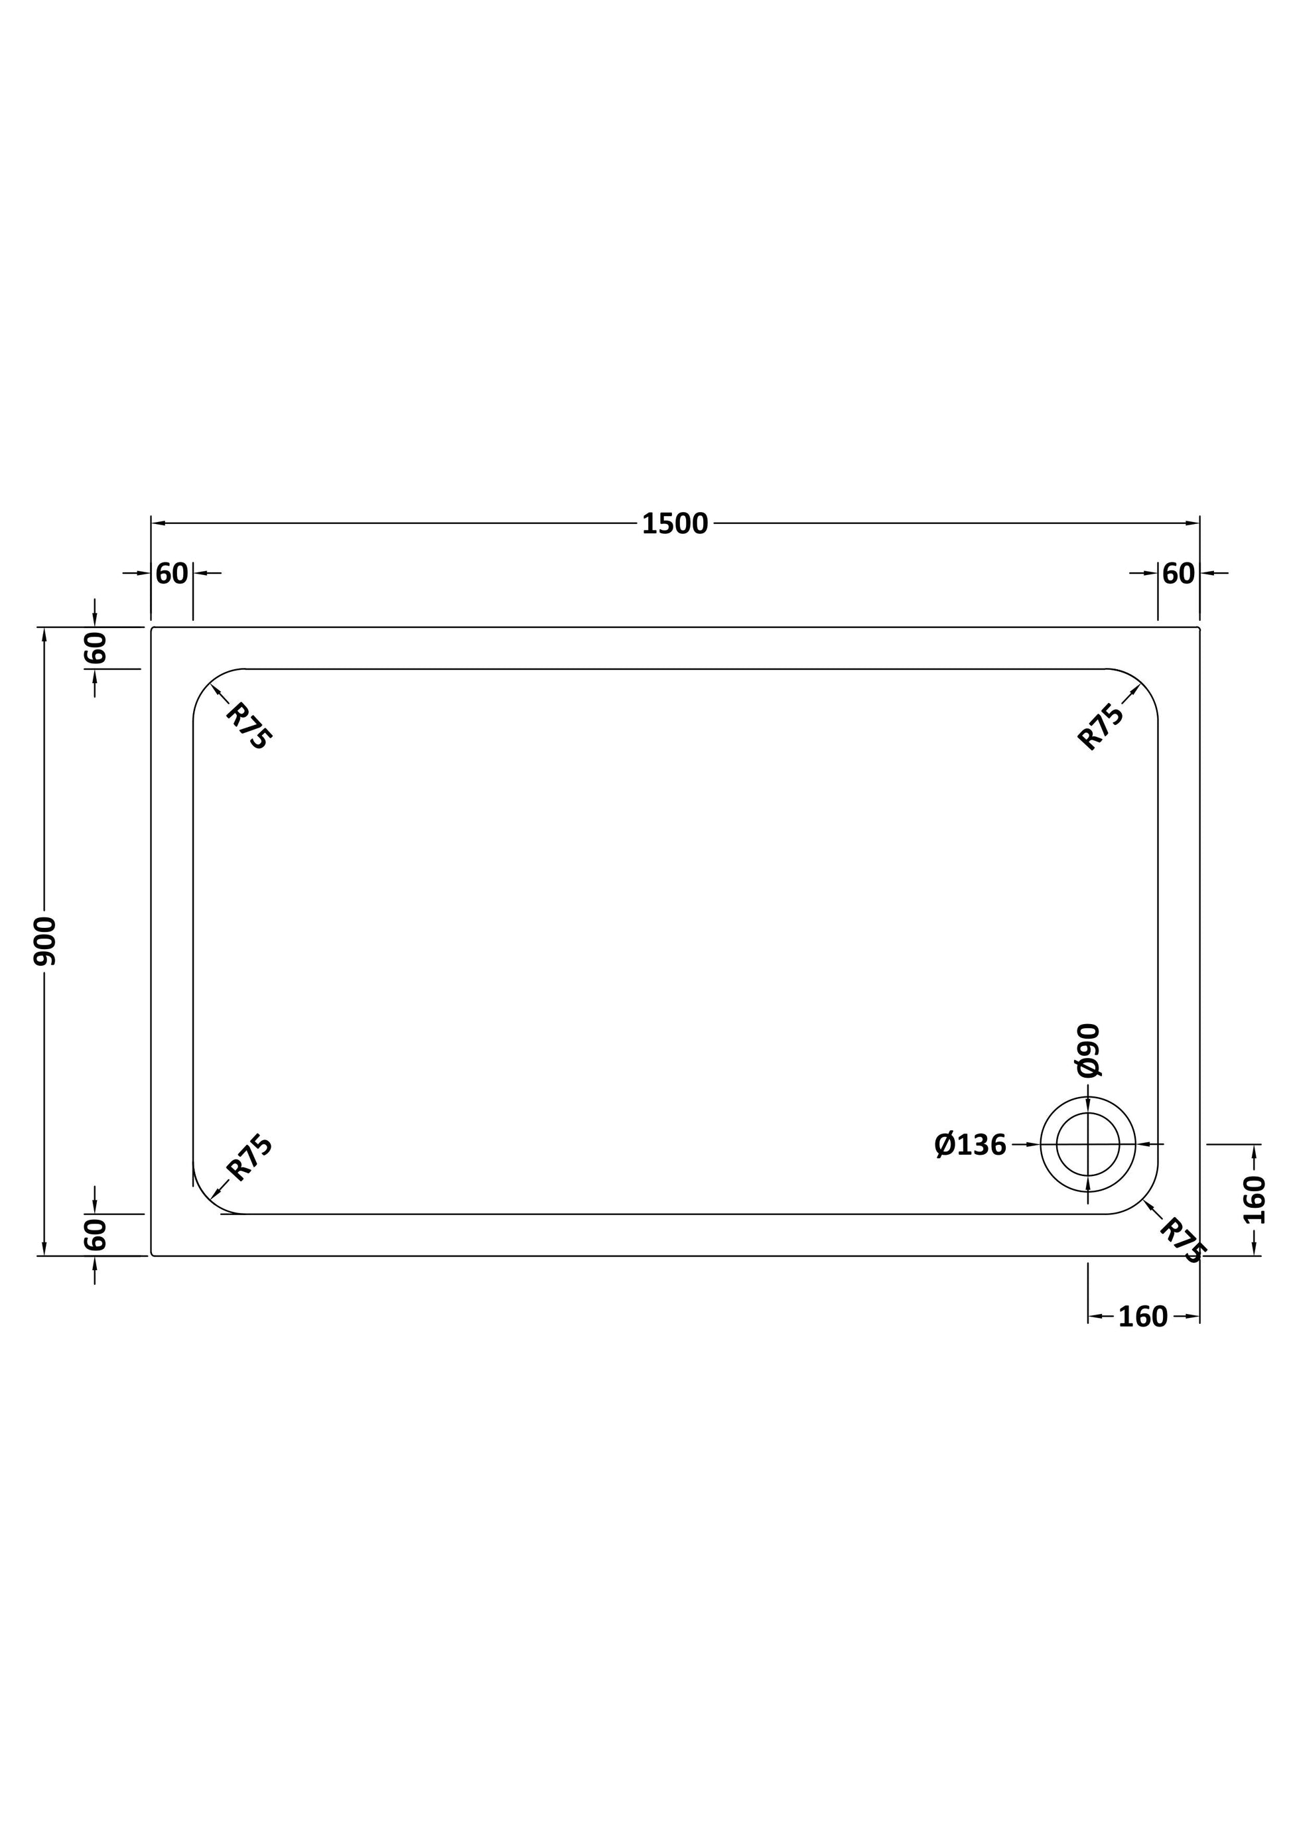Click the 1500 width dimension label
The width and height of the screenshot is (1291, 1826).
(x=675, y=524)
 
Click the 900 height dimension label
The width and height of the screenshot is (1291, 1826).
(x=44, y=941)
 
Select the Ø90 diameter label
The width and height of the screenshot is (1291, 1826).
(x=1088, y=1050)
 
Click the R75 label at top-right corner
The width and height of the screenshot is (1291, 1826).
(x=1101, y=726)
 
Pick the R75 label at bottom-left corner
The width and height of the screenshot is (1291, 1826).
(x=249, y=1158)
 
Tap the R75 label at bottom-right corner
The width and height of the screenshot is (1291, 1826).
(x=1183, y=1242)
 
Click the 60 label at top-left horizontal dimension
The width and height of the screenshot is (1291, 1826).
(x=172, y=574)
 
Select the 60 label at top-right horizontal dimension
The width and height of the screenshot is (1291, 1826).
(x=1179, y=574)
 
